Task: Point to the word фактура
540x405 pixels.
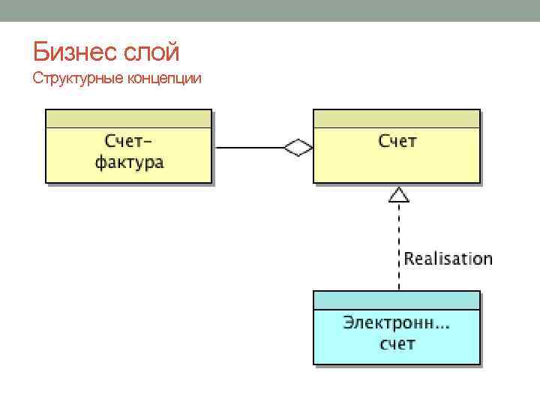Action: [x=129, y=162]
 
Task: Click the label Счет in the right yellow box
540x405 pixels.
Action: [x=397, y=141]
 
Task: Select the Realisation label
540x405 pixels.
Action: [x=448, y=259]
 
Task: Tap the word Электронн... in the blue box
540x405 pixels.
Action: [x=396, y=323]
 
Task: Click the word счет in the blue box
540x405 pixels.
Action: [x=397, y=344]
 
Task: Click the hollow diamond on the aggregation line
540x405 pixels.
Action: [x=298, y=148]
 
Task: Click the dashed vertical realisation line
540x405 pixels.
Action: [x=398, y=240]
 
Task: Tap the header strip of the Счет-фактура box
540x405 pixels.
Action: [x=129, y=118]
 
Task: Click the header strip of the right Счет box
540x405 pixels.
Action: [x=396, y=118]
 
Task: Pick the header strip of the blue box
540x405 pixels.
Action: [x=396, y=300]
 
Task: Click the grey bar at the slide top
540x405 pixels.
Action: [x=270, y=10]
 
